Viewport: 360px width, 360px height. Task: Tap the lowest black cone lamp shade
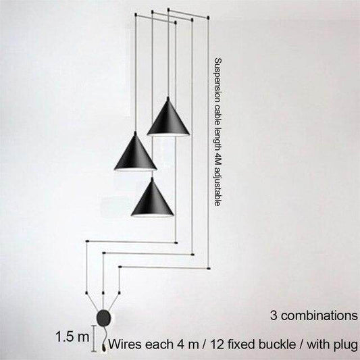[x=152, y=199]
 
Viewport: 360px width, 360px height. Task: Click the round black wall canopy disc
[x=103, y=318]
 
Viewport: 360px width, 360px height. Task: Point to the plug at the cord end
[x=103, y=347]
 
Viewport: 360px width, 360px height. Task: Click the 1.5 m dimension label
[x=72, y=337]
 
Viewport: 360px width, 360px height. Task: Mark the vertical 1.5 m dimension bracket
[x=93, y=338]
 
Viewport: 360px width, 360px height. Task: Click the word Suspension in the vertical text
[x=217, y=76]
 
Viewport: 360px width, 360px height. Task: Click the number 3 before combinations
[x=274, y=315]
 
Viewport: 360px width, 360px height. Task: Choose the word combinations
[x=319, y=315]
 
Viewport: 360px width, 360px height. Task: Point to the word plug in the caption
[x=346, y=345]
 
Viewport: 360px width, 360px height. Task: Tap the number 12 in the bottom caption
[x=217, y=344]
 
